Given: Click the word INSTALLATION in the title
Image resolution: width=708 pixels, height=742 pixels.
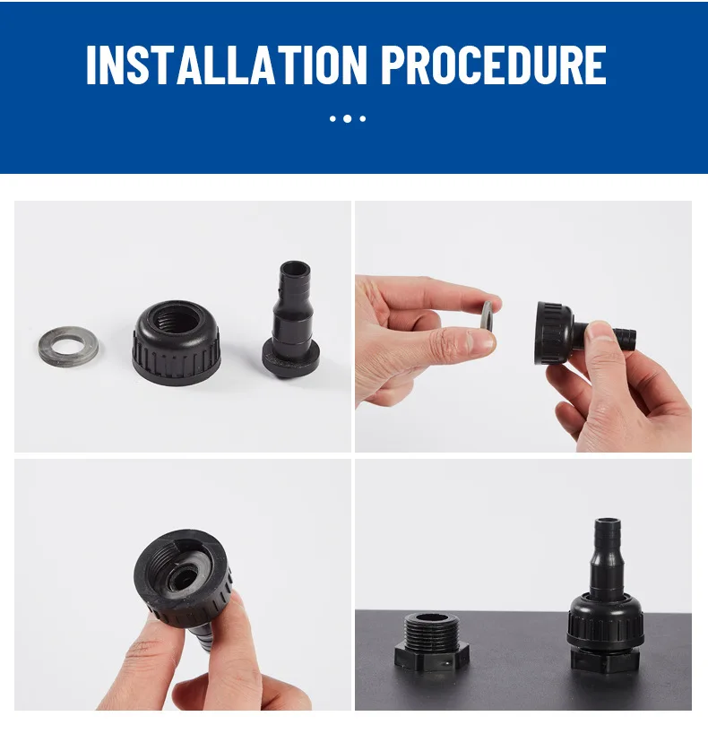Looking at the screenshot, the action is click(227, 65).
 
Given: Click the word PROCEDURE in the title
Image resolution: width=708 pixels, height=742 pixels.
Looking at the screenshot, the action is click(494, 65).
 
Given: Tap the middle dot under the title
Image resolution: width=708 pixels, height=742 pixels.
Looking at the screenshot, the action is click(348, 119).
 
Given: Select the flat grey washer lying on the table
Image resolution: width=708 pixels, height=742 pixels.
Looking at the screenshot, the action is click(68, 347).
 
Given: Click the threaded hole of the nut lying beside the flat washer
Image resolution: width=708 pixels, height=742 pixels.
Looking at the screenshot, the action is click(177, 319).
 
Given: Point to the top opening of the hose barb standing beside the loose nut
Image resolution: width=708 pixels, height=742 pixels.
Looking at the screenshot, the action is click(295, 266).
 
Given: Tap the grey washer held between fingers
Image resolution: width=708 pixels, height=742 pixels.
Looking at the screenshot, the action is click(487, 315).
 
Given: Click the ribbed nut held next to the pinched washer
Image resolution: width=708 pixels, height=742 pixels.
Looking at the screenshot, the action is click(554, 333).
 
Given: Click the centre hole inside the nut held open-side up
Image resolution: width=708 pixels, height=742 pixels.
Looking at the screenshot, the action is click(182, 578).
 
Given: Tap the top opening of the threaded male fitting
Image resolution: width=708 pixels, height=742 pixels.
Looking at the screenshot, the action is click(431, 617).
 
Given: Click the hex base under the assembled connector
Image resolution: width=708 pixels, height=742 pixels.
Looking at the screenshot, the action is click(605, 660).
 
